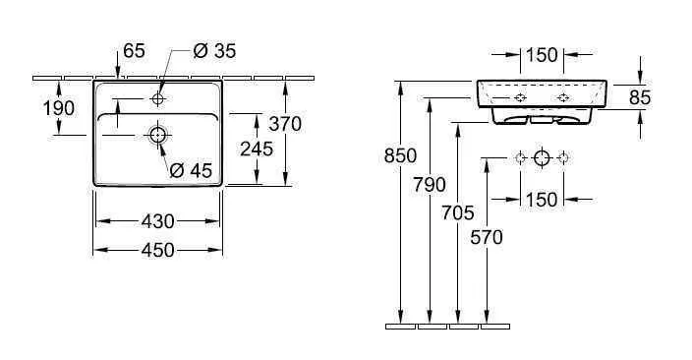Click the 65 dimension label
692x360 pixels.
[x=134, y=51]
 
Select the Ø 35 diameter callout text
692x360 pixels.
[x=214, y=51]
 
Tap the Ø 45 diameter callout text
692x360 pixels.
[x=191, y=170]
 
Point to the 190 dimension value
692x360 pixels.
[x=59, y=108]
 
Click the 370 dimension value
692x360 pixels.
[x=285, y=124]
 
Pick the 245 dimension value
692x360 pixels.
[x=257, y=150]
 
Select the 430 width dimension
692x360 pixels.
[x=158, y=221]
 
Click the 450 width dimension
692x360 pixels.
[x=158, y=251]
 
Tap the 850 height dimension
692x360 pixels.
[x=400, y=156]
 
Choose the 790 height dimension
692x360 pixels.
[x=430, y=185]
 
